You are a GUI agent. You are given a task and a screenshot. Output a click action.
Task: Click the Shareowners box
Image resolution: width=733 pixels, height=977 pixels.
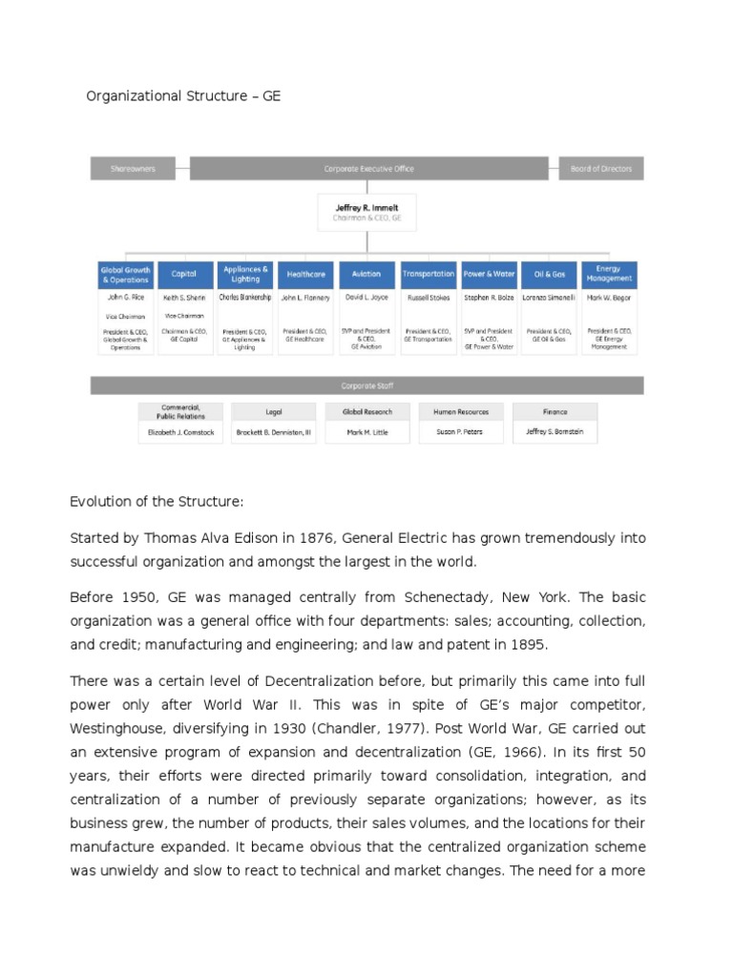coord(133,169)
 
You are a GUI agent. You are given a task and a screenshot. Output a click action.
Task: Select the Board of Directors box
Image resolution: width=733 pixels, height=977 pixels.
coord(601,169)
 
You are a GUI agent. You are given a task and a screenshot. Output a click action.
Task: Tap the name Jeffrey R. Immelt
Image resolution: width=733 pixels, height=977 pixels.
coord(366,206)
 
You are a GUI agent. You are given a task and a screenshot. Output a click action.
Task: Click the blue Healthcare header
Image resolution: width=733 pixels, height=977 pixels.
coord(305,274)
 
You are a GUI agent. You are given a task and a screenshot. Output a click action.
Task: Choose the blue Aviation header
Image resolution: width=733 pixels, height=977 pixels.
coord(366,274)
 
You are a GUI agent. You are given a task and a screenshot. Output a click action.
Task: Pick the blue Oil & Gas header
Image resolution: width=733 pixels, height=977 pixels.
coord(549,274)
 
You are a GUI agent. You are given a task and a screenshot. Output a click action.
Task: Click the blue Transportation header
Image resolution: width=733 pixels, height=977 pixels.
coord(428,274)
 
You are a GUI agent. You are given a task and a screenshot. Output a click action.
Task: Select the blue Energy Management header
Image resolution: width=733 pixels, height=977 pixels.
coord(609,274)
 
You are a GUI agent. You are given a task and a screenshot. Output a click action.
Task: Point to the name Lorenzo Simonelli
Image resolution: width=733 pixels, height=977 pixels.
coord(549,298)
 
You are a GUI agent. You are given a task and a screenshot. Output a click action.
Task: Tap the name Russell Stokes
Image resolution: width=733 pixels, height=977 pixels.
coord(428,298)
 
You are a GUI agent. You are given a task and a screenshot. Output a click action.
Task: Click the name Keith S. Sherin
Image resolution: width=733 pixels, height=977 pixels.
coord(184,298)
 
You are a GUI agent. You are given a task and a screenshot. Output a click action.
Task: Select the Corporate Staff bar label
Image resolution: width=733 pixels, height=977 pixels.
coord(366,385)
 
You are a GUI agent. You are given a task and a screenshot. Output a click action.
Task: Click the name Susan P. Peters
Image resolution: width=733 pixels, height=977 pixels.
coord(461,431)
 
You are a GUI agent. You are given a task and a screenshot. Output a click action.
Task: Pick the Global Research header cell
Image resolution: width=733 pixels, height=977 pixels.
coord(366,412)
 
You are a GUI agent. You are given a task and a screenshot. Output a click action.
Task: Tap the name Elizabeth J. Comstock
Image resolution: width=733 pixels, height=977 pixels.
coord(180,431)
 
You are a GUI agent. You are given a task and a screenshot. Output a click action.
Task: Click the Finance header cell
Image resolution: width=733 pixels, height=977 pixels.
coord(555,412)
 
